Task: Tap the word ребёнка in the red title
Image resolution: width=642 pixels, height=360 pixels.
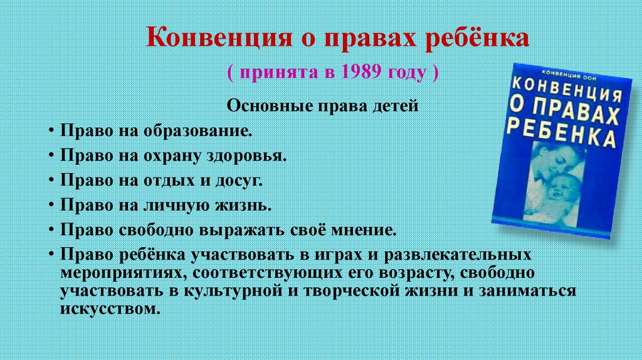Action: click(478, 40)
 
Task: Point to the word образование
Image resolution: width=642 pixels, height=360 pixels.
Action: click(199, 132)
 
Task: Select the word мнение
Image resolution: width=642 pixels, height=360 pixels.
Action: click(365, 230)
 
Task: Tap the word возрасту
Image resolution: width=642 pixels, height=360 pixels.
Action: click(401, 274)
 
